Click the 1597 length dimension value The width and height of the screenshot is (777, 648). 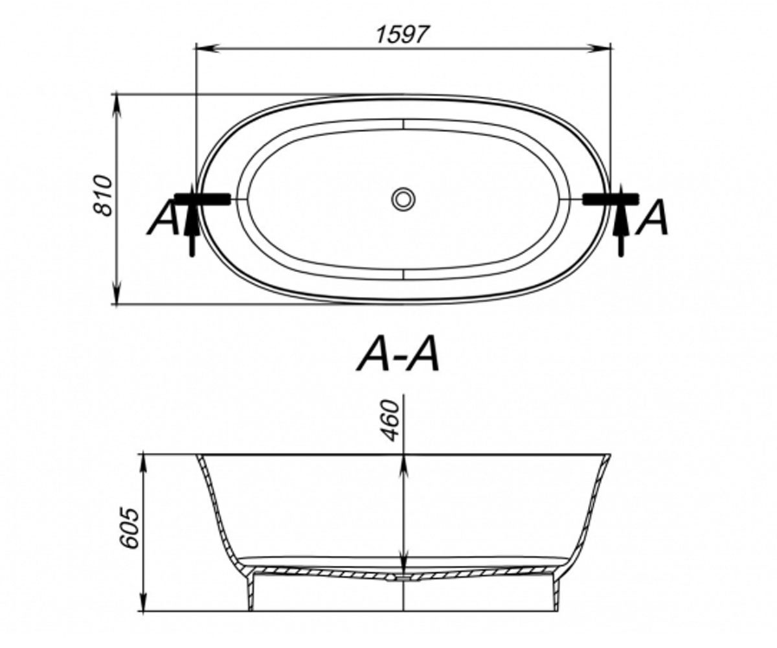tap(403, 34)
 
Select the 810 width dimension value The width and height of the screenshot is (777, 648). tap(102, 195)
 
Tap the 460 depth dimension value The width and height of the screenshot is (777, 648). tap(390, 421)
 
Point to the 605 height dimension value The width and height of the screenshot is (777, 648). tap(130, 527)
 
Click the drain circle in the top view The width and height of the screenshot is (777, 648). tap(403, 199)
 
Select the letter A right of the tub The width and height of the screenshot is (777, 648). tap(652, 217)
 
